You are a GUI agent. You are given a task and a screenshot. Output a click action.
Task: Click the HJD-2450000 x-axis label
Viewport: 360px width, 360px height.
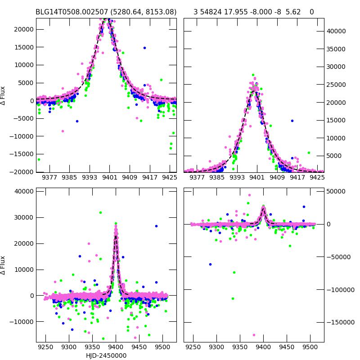coord(106,355)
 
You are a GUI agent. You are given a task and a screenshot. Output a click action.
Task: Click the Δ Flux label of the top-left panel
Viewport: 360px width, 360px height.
coord(4,95)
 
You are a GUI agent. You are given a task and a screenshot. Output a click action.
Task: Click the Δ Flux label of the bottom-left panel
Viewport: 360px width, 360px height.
coord(4,265)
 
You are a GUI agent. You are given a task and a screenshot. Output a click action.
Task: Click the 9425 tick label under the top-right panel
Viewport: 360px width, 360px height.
coord(317,177)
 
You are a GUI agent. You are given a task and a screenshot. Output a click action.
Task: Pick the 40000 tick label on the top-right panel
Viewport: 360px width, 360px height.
coord(336,31)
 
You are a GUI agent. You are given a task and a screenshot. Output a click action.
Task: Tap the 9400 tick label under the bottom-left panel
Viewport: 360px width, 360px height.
coord(116,347)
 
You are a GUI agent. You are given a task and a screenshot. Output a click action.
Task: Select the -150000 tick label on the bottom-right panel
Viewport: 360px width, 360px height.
coord(339,322)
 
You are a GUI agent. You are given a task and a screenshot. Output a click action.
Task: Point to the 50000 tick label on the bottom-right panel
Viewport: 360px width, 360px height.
coord(336,191)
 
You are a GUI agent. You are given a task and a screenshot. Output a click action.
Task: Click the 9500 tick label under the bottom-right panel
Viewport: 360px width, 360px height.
coord(310,347)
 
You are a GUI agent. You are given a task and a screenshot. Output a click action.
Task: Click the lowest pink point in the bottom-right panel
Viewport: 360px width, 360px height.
coord(254,335)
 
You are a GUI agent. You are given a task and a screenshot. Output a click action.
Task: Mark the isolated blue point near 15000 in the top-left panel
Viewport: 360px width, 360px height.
coord(144,48)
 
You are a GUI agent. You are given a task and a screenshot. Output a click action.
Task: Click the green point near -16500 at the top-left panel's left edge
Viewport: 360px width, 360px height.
coord(39,159)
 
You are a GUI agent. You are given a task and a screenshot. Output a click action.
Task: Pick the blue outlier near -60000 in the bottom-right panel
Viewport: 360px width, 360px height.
coord(210,264)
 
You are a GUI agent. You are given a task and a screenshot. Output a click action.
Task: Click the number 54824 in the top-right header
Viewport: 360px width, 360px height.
coord(214,12)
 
